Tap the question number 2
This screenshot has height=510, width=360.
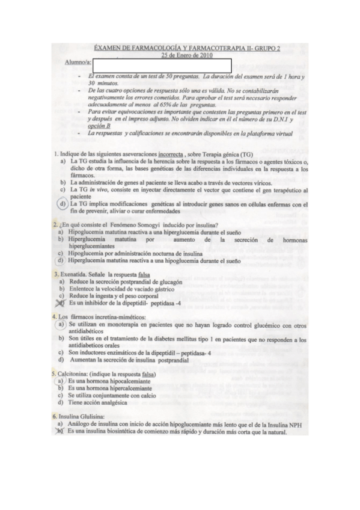55,225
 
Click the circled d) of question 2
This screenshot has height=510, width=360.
61,261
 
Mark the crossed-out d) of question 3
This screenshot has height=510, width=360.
61,303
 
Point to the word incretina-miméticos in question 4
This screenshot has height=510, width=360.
114,316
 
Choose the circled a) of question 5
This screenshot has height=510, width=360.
60,381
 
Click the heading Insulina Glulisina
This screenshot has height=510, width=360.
82,416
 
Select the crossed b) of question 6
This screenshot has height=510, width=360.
61,431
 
